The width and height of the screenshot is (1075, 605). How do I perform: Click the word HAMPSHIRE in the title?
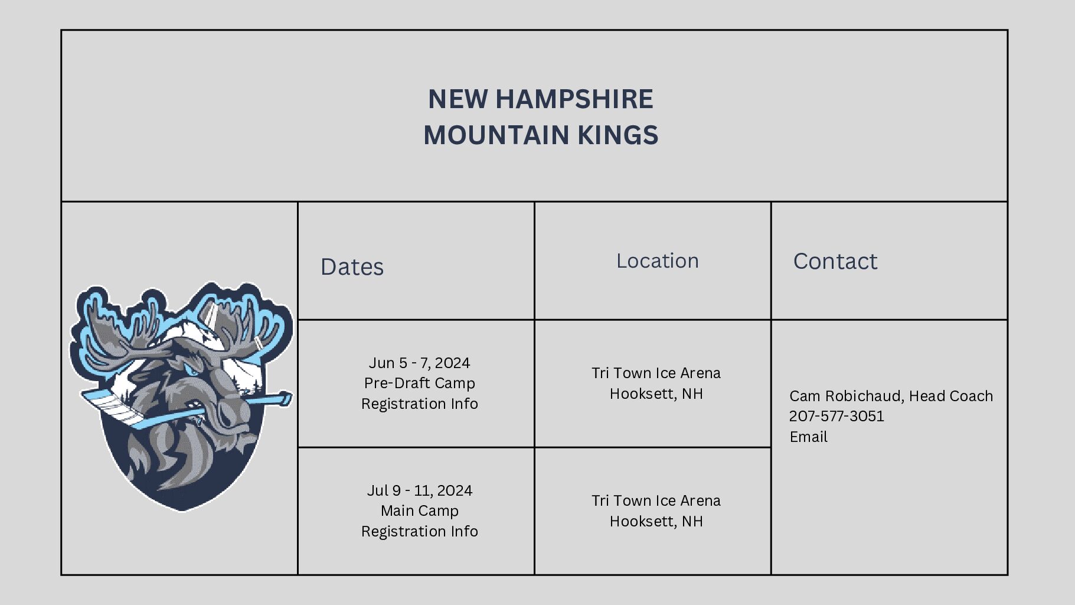(x=574, y=99)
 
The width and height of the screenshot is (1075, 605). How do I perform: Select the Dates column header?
(x=352, y=267)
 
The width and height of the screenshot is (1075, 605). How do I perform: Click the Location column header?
(x=657, y=261)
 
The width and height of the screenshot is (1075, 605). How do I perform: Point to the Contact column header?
(x=835, y=261)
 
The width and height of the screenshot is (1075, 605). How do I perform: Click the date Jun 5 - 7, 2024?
(x=419, y=362)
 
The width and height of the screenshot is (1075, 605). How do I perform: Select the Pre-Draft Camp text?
(x=419, y=383)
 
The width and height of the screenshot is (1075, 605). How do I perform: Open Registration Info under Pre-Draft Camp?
(x=419, y=404)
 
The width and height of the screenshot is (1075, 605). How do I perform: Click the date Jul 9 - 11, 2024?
(x=419, y=490)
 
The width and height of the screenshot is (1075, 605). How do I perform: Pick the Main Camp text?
(x=419, y=510)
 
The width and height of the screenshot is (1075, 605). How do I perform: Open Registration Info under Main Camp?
(x=419, y=531)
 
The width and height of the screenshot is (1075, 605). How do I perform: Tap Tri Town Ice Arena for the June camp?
(x=656, y=373)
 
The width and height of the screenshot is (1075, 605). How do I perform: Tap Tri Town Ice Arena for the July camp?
(x=656, y=500)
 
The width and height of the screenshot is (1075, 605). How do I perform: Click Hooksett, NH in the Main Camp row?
(x=656, y=521)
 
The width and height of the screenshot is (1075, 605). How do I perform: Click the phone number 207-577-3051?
(x=837, y=416)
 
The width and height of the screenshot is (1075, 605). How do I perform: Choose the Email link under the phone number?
(x=808, y=437)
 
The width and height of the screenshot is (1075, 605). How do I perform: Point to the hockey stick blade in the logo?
(x=112, y=408)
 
